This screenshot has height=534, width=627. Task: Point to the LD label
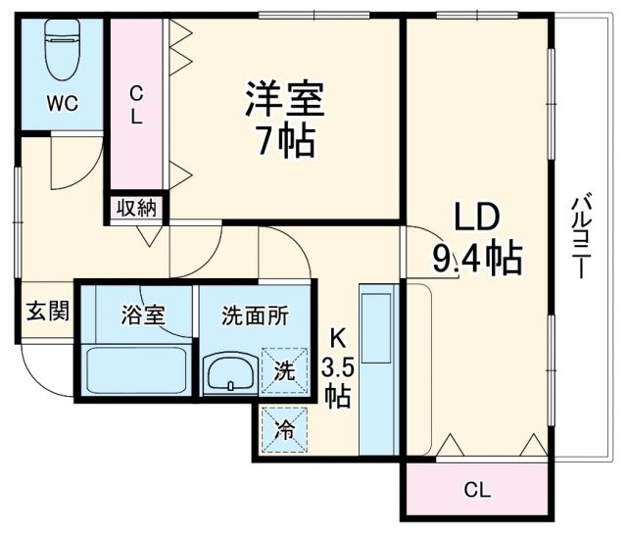tap(477, 218)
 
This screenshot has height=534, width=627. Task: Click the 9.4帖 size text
tap(476, 259)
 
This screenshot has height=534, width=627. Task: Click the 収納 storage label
tap(138, 207)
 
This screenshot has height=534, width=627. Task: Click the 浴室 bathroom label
tap(142, 316)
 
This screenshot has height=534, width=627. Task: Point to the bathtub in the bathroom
tap(136, 369)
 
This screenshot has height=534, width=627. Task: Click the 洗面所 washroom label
tap(255, 316)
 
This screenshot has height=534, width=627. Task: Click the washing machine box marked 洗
tap(282, 372)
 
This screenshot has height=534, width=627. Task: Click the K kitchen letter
tap(336, 338)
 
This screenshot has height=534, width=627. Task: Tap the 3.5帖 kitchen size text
tap(336, 383)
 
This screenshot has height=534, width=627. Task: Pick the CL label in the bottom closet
tap(476, 489)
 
